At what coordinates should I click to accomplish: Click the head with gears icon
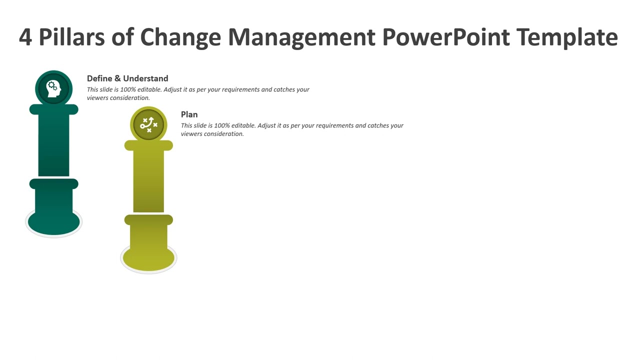(x=53, y=88)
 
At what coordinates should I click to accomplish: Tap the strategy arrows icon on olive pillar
(x=148, y=124)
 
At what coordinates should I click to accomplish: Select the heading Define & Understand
(x=127, y=78)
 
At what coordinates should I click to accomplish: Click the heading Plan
(x=189, y=114)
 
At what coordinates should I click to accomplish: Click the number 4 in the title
(x=25, y=37)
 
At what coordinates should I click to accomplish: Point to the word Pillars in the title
(x=72, y=37)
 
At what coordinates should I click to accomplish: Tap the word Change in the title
(x=180, y=37)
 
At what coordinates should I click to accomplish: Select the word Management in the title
(x=301, y=37)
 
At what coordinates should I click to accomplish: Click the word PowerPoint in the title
(x=446, y=37)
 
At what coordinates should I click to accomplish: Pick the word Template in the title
(x=567, y=37)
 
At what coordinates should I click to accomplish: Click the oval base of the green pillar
(x=53, y=224)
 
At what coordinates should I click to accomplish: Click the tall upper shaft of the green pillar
(x=53, y=145)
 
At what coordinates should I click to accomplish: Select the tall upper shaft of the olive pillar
(x=148, y=180)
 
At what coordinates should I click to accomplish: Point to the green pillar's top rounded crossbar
(x=53, y=109)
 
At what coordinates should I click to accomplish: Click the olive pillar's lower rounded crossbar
(x=148, y=219)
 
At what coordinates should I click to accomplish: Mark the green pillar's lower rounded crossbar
(x=53, y=184)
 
